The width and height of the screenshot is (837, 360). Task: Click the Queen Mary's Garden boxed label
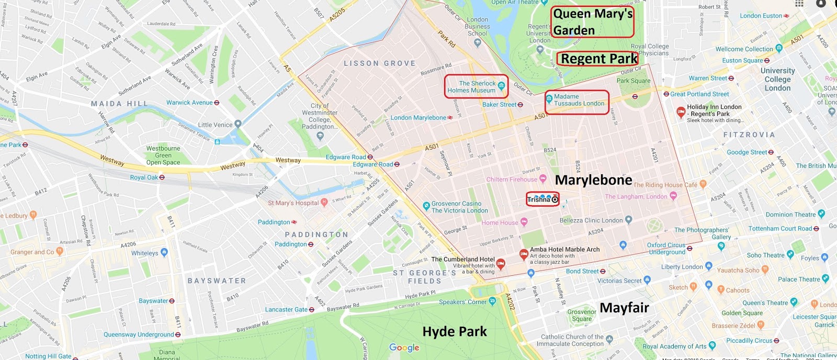click(x=592, y=22)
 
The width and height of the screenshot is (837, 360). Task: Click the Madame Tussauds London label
click(x=578, y=100)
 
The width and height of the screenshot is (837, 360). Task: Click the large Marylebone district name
click(x=593, y=180)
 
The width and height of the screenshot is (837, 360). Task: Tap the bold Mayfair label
click(x=624, y=308)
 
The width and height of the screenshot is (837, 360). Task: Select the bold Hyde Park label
click(x=454, y=332)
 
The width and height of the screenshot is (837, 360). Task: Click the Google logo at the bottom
click(x=404, y=348)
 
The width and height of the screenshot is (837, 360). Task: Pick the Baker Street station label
click(x=499, y=105)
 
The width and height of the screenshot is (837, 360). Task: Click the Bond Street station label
click(x=582, y=271)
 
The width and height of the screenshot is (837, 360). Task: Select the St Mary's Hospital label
click(x=293, y=203)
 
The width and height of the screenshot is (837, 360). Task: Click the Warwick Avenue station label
click(x=189, y=103)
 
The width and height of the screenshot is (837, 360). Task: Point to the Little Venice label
click(x=215, y=125)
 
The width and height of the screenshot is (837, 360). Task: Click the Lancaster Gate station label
click(x=286, y=309)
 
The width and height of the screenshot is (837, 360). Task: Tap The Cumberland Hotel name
click(x=462, y=259)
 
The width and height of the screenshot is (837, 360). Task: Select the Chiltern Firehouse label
click(x=512, y=179)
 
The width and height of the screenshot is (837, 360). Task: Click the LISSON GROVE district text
click(x=379, y=63)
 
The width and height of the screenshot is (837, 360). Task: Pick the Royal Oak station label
click(x=144, y=177)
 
